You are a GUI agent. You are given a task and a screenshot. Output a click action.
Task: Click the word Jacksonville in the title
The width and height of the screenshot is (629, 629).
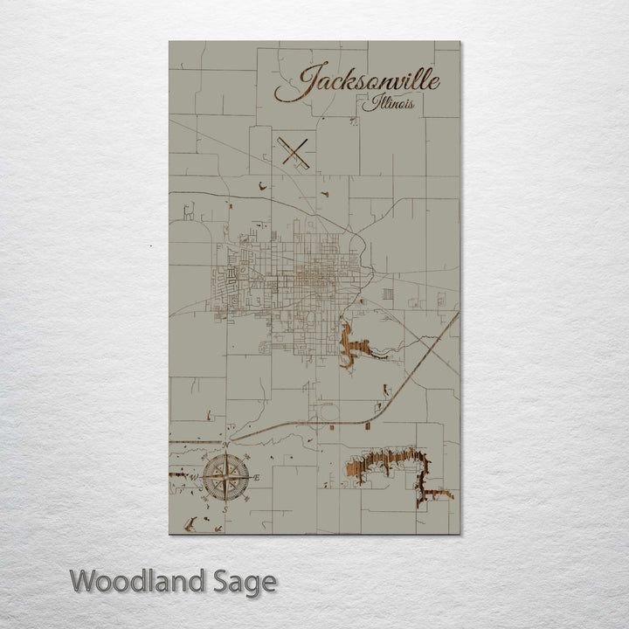(x=358, y=82)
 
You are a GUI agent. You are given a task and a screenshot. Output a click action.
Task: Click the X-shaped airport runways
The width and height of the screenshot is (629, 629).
(x=296, y=153)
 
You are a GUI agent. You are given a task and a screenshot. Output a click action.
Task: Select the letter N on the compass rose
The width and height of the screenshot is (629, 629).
(x=226, y=446)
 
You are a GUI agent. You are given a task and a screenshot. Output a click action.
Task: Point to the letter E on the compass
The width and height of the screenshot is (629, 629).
(x=257, y=477)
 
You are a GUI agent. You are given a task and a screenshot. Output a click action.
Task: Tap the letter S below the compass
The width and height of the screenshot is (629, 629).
(x=225, y=509)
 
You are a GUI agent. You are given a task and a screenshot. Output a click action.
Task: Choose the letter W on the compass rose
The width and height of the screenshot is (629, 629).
(x=195, y=477)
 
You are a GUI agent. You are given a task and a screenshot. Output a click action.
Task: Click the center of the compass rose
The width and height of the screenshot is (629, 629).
(x=226, y=477)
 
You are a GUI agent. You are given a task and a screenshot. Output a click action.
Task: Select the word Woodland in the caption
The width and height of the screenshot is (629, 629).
(x=139, y=581)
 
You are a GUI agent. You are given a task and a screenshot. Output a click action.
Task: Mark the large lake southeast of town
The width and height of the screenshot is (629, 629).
(x=389, y=463)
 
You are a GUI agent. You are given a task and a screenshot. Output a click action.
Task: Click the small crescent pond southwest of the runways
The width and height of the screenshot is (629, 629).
(x=261, y=184)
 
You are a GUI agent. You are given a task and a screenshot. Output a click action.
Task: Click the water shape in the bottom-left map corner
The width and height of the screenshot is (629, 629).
(x=190, y=524)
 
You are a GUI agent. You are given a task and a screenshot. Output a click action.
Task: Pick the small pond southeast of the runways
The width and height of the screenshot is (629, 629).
(x=324, y=194)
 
